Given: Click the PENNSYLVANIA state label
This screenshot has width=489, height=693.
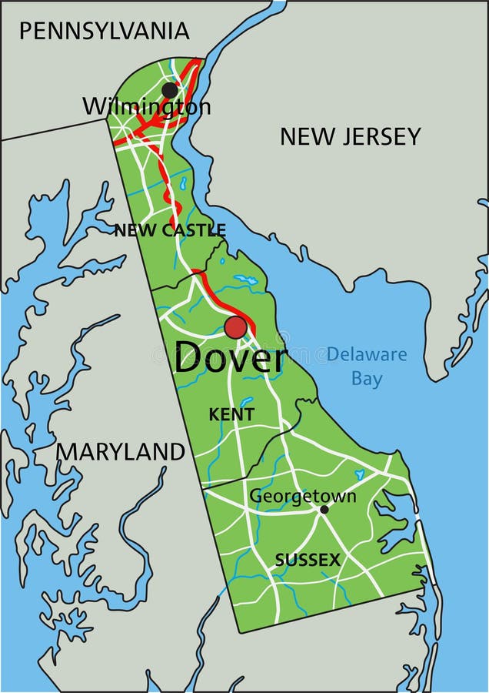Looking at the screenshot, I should pos(104,31).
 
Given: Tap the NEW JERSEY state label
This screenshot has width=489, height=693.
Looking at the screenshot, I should pos(350,136).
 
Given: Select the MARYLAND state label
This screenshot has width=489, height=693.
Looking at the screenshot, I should pos(121,451).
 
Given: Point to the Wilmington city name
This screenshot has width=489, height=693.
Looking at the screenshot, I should pos(146,107).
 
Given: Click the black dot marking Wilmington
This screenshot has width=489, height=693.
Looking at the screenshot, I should pos(170,90).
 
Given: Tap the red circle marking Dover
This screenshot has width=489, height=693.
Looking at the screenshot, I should pos(236,327).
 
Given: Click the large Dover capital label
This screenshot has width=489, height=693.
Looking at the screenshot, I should pos(230,359).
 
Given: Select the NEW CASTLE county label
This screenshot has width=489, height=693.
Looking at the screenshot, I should pos(170,230).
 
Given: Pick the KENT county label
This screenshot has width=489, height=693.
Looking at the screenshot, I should pos(231,414).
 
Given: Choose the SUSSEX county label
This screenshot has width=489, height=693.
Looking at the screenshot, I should pos(308,561).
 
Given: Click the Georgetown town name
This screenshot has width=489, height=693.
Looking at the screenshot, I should pos(302,496).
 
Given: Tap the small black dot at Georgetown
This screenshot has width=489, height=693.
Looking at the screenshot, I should pos(324,509).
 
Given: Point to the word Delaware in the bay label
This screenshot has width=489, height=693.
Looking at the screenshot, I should pos(367,355).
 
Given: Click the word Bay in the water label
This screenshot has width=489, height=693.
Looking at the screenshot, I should pos(367,379).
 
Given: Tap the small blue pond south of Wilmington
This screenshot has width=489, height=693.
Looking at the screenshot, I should pos(183,183).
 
